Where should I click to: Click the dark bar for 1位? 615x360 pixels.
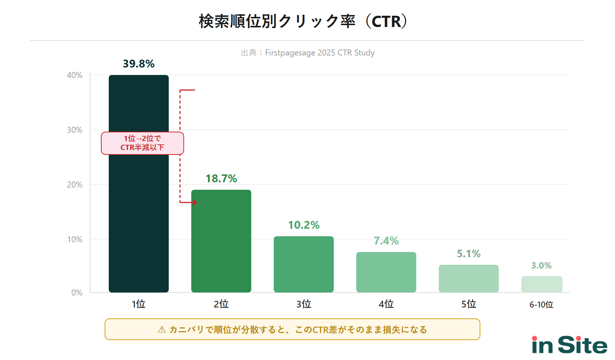pos(139,210)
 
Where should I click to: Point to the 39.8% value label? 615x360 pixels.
pos(139,64)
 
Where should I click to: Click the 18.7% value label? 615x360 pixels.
pos(221,178)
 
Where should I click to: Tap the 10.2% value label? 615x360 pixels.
pos(304,225)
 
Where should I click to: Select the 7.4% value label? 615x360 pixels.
pos(386,241)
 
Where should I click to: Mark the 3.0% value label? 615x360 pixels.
pos(541,265)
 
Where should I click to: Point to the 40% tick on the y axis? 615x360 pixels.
pos(75,75)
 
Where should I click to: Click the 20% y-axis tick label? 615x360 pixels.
pos(75,184)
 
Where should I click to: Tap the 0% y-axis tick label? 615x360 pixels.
pos(77,293)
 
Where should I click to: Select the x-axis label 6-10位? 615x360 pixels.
pos(541,304)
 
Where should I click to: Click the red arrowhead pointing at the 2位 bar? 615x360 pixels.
pos(194,202)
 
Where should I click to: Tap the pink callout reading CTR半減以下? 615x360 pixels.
pos(142,143)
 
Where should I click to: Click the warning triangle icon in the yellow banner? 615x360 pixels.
pos(162,330)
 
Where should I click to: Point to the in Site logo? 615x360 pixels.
pos(569,345)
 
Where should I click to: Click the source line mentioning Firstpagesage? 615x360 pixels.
pos(307,53)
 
